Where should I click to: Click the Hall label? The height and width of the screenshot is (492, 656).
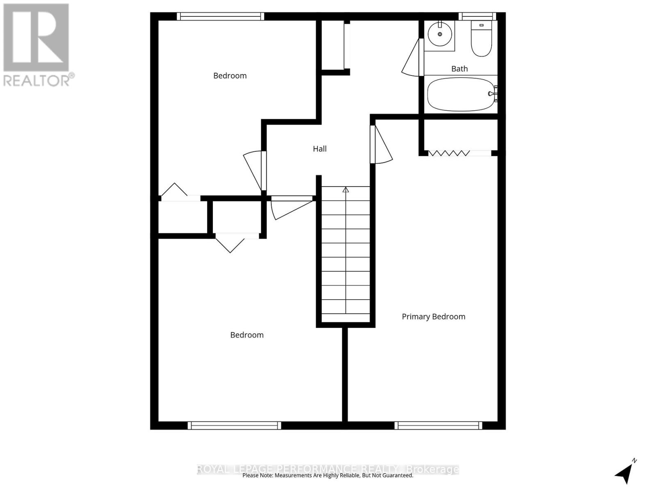320,149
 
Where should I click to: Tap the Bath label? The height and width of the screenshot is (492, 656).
459,69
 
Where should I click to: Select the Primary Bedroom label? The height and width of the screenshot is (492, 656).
433,317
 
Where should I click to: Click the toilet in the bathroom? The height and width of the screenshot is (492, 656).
481,39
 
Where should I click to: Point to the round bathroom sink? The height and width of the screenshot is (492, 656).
440,34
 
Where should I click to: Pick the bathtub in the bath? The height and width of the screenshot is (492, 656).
460,94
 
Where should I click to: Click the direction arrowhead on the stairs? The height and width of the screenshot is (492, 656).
346,190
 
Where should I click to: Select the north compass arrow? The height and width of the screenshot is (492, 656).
624,473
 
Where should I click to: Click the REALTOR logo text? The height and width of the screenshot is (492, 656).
39,80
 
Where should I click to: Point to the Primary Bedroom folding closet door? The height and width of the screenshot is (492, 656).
449,153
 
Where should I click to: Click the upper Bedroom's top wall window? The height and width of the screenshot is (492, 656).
221,16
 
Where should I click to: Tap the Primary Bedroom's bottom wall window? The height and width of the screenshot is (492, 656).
438,426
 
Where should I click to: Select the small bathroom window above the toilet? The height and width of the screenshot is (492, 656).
477,16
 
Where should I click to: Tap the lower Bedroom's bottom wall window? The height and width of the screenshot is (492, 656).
235,426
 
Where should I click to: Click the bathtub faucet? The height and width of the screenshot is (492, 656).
492,93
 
